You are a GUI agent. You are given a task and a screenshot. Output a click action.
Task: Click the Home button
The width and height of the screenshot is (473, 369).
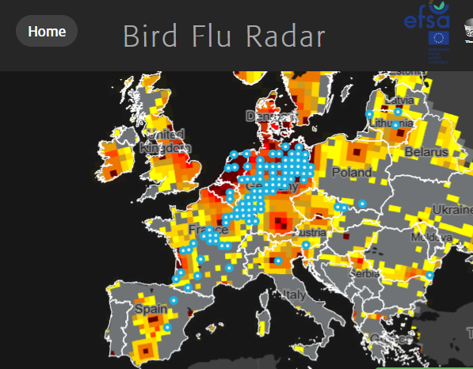47,32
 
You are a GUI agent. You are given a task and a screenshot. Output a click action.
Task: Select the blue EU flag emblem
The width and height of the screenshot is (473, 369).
438,38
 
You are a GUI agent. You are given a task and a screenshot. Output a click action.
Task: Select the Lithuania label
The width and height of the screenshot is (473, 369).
391,124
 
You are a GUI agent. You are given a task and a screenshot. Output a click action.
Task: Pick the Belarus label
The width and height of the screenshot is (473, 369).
426,151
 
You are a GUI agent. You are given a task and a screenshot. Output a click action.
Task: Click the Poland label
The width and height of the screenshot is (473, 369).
351,172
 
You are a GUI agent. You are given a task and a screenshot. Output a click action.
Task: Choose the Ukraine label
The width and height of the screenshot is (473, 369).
452,210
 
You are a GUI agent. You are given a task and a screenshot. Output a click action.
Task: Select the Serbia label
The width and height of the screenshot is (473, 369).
365,273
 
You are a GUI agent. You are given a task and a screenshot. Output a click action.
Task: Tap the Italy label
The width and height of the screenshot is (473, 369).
295,295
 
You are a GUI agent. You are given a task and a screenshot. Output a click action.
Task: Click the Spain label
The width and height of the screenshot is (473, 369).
151,308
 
